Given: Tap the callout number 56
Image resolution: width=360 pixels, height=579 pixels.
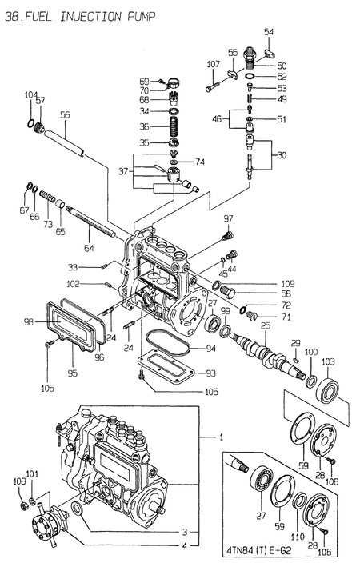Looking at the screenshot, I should tap(65, 114).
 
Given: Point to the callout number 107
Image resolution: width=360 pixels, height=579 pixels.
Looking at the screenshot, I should tap(214, 64).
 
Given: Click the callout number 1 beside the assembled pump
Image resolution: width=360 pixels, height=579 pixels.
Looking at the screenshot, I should tap(222, 437).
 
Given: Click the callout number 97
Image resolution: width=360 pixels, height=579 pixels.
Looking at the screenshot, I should tap(228, 218).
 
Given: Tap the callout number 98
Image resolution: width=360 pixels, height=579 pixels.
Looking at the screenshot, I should tap(28, 321).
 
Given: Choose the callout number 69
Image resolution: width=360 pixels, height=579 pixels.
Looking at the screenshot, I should tap(144, 81).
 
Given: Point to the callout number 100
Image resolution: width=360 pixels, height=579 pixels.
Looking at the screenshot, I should tap(310, 352).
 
